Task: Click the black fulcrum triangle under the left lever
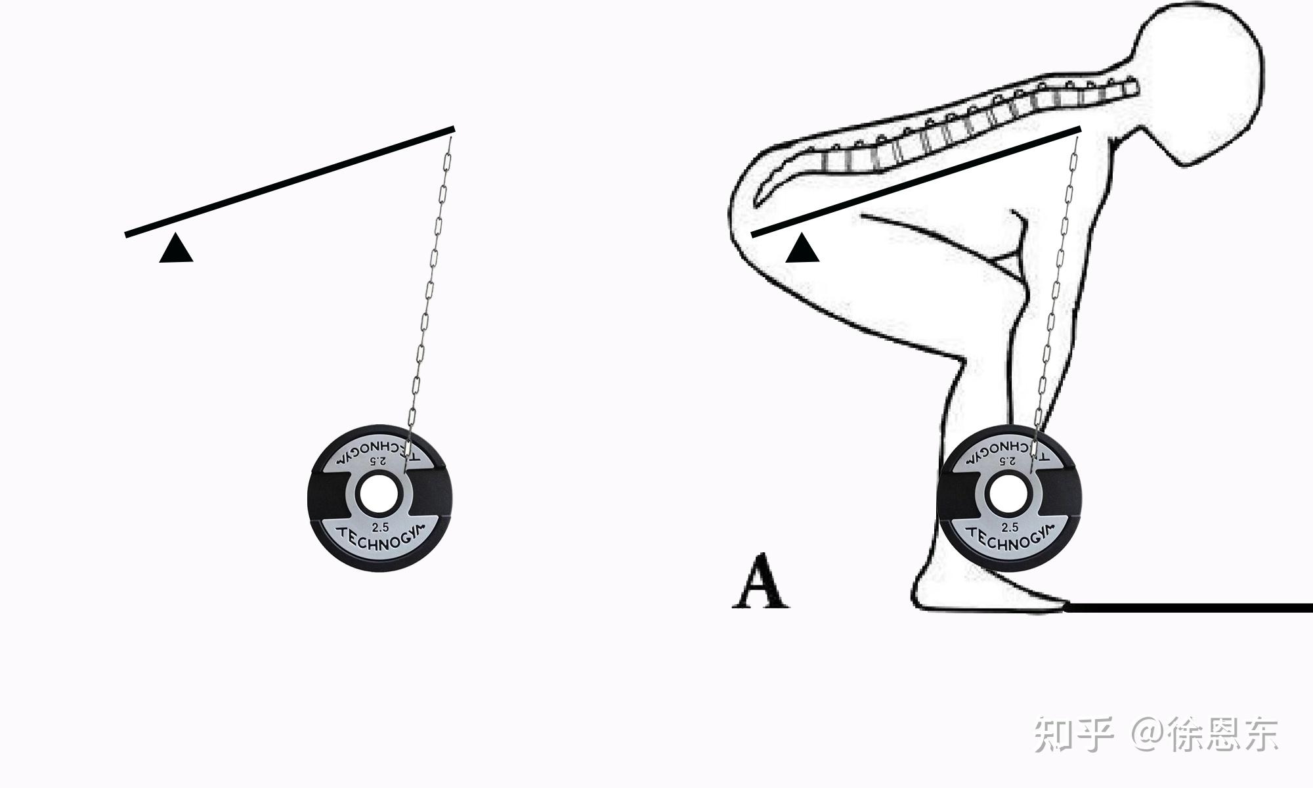coord(176,250)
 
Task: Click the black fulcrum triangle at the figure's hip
coord(802,250)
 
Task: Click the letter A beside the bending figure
coord(760,582)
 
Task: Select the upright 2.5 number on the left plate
coord(380,527)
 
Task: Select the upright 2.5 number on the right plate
coord(1010,527)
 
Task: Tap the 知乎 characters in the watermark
coord(1074,734)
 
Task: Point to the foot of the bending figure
coord(985,594)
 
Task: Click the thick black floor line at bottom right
coord(1188,607)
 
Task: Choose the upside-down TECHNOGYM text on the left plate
coord(373,450)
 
